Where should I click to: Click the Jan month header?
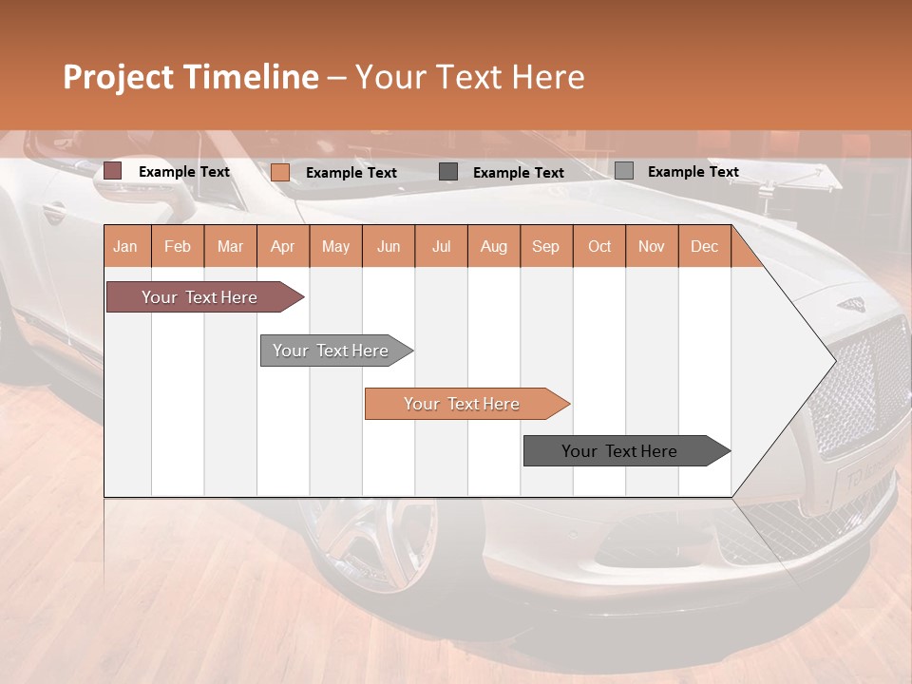pos(125,246)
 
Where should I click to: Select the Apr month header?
pos(282,246)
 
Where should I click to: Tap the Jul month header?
pos(441,246)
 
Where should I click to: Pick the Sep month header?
pos(545,246)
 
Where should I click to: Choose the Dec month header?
pos(704,246)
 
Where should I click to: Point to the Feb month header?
pos(178,246)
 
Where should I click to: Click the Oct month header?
pos(599,246)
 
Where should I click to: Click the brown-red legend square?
pos(113,171)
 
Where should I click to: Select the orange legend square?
pos(280,172)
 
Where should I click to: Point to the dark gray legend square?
pos(448,172)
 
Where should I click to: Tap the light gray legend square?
pos(624,171)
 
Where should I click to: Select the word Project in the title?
pos(120,77)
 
